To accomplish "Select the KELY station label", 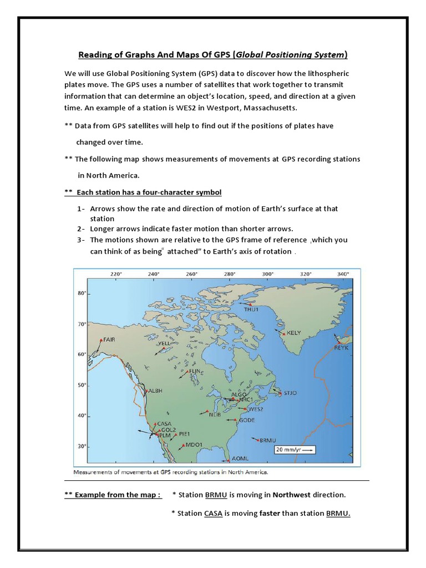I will click(293, 333).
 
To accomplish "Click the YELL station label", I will click(165, 344).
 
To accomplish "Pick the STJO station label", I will click(290, 393).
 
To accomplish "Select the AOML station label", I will click(241, 459).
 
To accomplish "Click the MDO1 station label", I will click(194, 444).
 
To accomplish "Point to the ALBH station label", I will click(155, 391).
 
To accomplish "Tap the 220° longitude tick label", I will click(115, 273).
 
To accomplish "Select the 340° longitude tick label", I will click(343, 273).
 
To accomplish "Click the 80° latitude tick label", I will click(82, 293).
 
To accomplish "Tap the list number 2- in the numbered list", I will click(81, 229).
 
